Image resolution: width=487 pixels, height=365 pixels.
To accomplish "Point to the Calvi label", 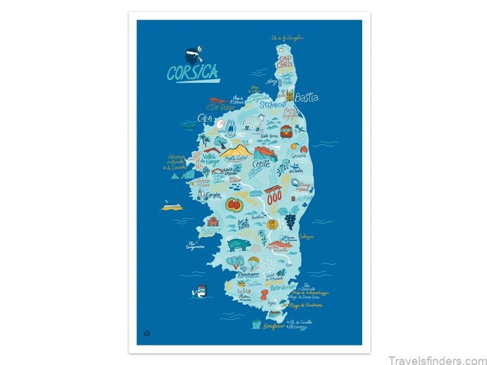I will click(205, 117).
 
